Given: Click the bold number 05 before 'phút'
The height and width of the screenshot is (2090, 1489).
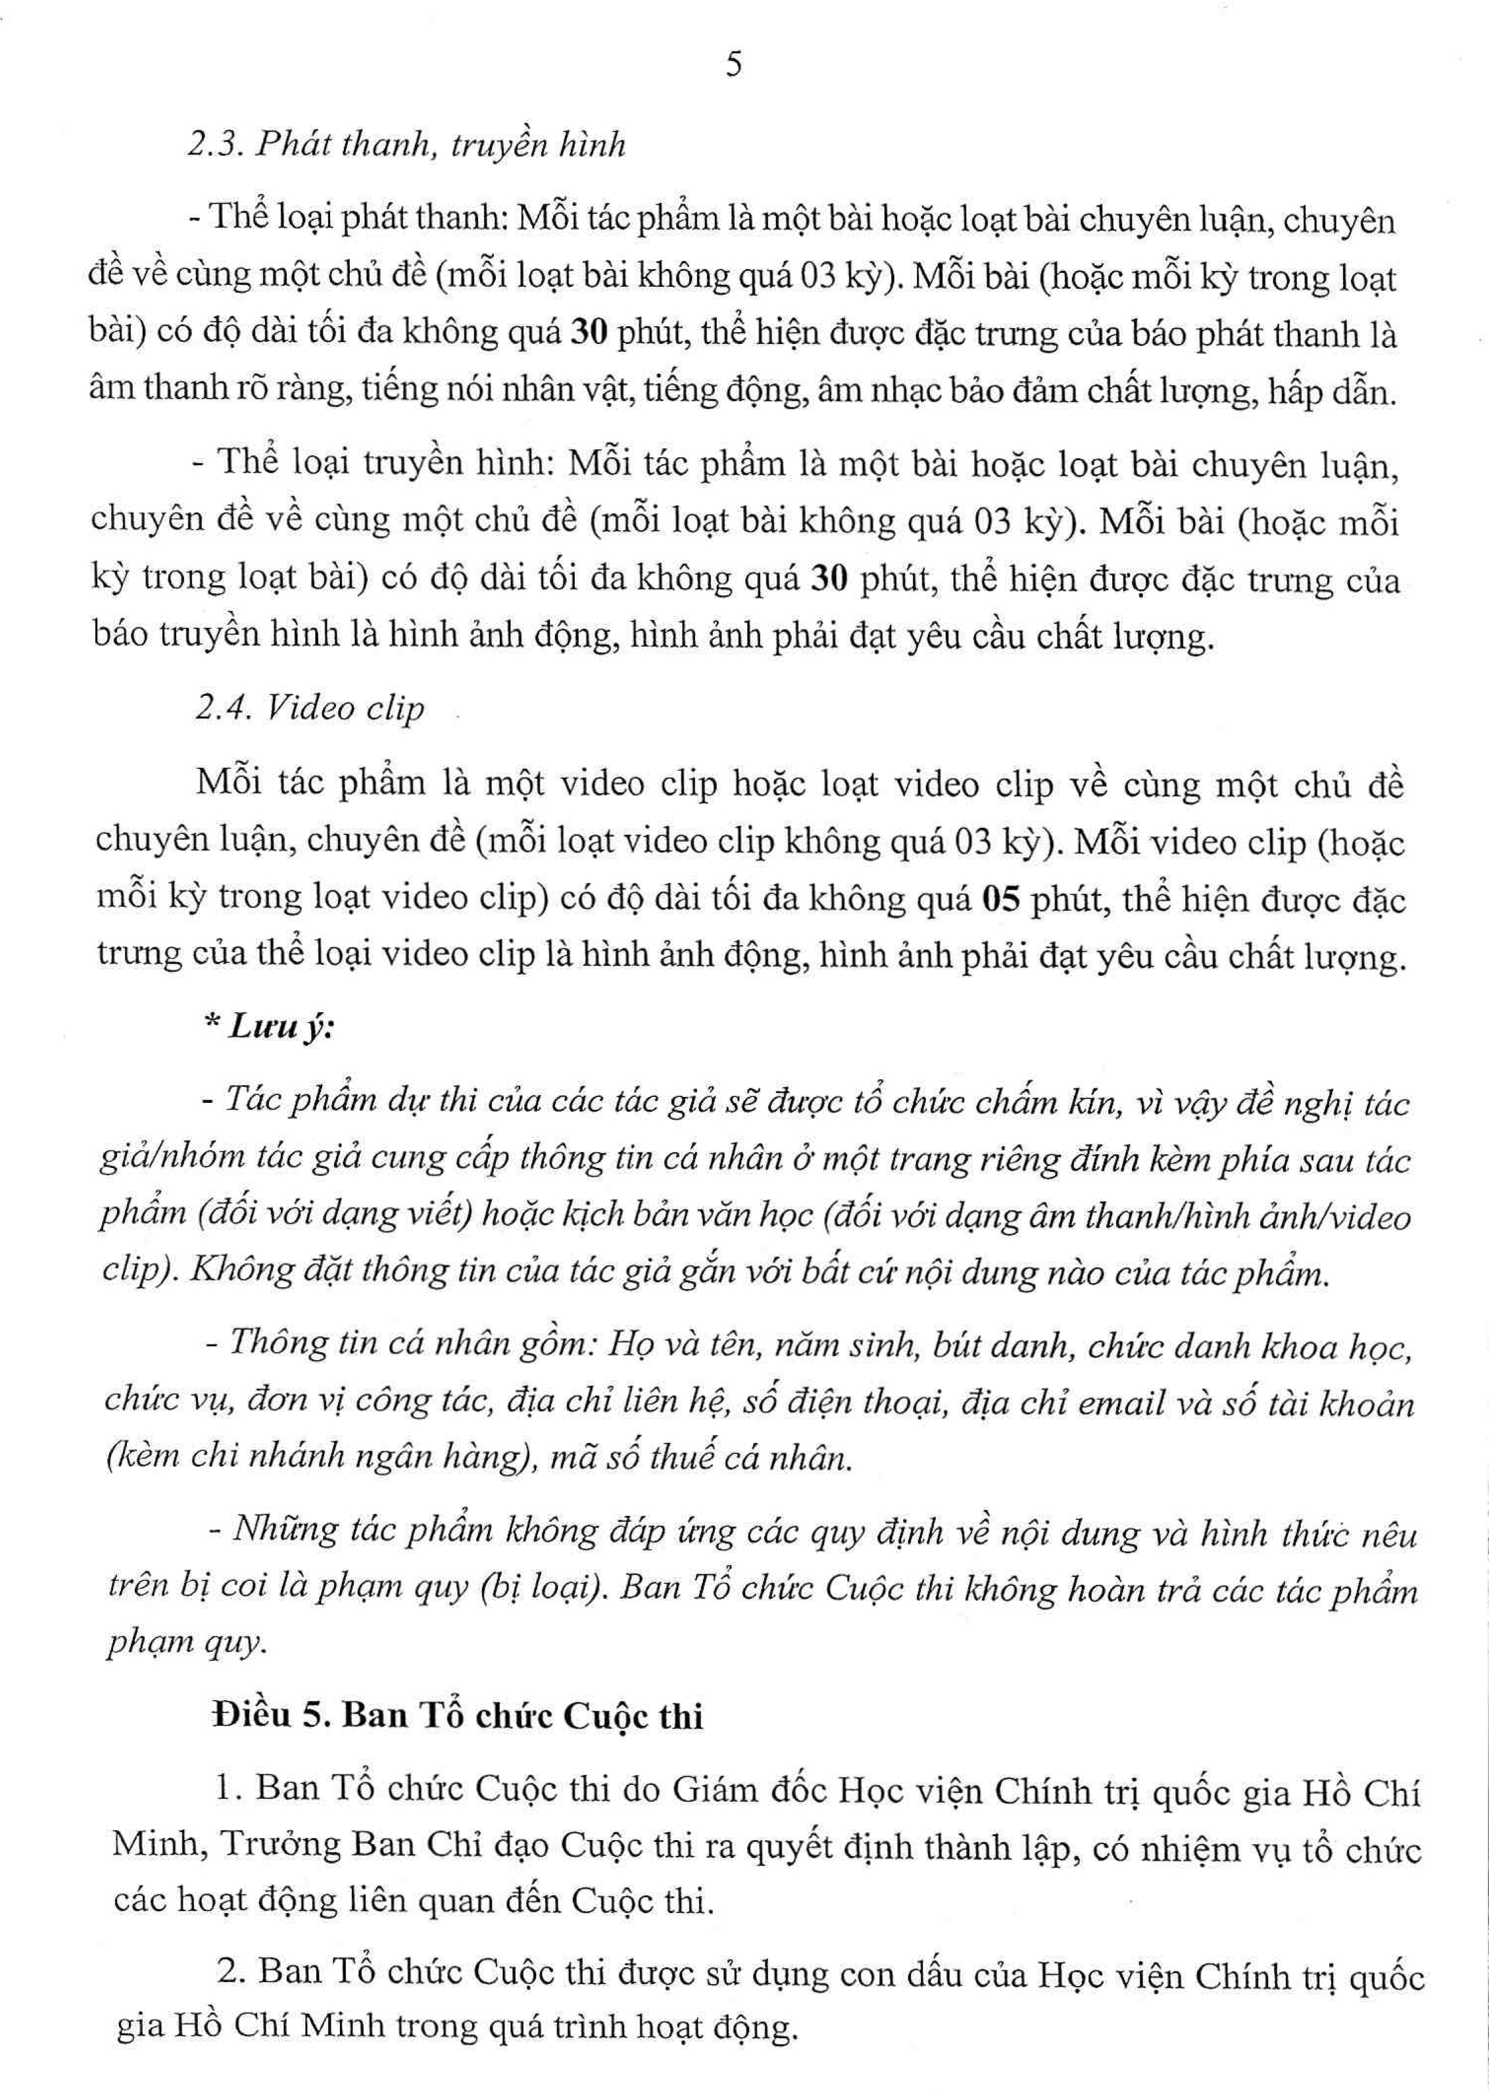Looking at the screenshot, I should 1000,900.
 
